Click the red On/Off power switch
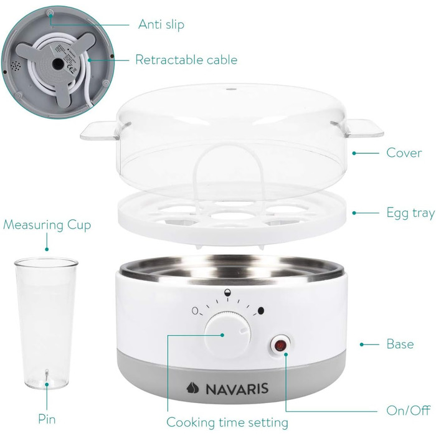(x=280, y=346)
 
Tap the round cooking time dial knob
(x=228, y=335)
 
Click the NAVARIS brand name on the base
(x=237, y=389)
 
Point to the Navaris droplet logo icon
(x=192, y=388)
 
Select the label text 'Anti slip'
(x=161, y=24)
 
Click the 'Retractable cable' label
(x=186, y=60)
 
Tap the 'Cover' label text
(x=404, y=153)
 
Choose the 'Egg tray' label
(x=410, y=213)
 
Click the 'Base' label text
(x=400, y=344)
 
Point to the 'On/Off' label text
(x=409, y=410)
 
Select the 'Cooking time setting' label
(x=227, y=422)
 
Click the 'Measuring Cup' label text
(x=47, y=225)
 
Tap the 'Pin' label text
(x=47, y=419)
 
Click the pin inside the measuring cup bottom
(x=47, y=376)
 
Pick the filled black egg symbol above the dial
(x=261, y=311)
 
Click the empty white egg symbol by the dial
(x=195, y=311)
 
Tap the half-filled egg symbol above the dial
(x=228, y=293)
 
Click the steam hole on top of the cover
(x=230, y=89)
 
